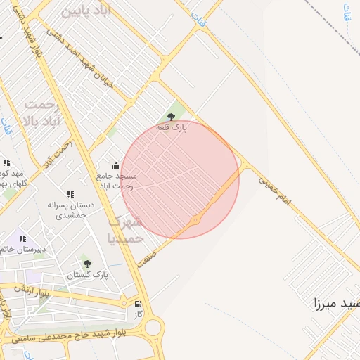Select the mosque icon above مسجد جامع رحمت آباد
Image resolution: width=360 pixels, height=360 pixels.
click(116, 166)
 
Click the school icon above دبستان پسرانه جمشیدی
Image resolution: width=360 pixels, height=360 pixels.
click(70, 194)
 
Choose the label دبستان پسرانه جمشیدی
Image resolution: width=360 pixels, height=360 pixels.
click(70, 210)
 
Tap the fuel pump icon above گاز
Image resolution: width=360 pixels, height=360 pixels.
click(138, 304)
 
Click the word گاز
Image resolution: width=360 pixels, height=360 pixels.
click(138, 314)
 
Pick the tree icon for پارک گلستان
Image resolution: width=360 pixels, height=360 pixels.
click(87, 264)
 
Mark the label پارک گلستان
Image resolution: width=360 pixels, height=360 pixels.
click(88, 275)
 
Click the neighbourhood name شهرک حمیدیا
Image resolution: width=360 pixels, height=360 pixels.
click(126, 230)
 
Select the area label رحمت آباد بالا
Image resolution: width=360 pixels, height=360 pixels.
click(42, 113)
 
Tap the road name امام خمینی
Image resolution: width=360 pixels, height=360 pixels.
click(274, 189)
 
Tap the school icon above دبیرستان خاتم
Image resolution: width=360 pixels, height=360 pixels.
click(23, 239)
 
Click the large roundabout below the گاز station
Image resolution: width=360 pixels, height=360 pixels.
click(153, 328)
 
